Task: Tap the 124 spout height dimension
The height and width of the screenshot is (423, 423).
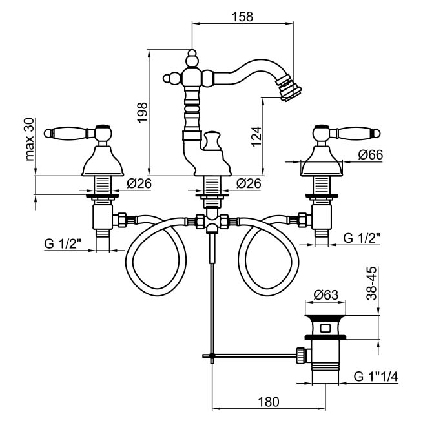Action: [256, 135]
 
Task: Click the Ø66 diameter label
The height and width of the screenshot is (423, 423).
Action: [371, 155]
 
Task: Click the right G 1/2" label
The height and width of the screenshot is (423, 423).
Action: [362, 238]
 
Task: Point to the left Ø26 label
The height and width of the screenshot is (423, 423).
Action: [139, 183]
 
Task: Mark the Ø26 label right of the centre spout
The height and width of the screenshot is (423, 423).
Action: [249, 183]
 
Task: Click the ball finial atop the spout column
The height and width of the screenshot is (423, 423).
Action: [192, 61]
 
